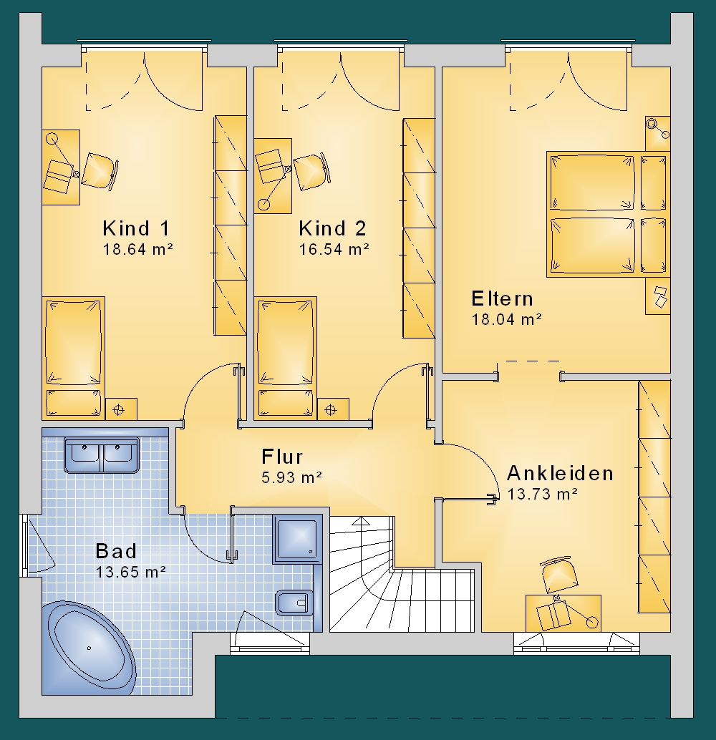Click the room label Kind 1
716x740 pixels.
coord(136,228)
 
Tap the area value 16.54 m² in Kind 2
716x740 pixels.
coord(334,249)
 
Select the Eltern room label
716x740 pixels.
coord(503,298)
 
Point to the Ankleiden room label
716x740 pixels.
coord(560,473)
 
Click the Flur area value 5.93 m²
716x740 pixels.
coord(292,477)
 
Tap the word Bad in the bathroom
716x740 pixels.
coord(116,551)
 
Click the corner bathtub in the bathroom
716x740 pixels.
coord(89,648)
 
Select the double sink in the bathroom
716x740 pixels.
coord(102,455)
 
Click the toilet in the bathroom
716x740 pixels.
coord(292,602)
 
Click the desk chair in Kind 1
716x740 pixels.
coord(100,172)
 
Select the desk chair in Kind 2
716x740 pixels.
coord(311,171)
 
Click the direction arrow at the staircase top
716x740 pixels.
coord(362,521)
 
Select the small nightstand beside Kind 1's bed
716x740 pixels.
coord(121,409)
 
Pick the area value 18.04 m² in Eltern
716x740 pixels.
coord(506,319)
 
